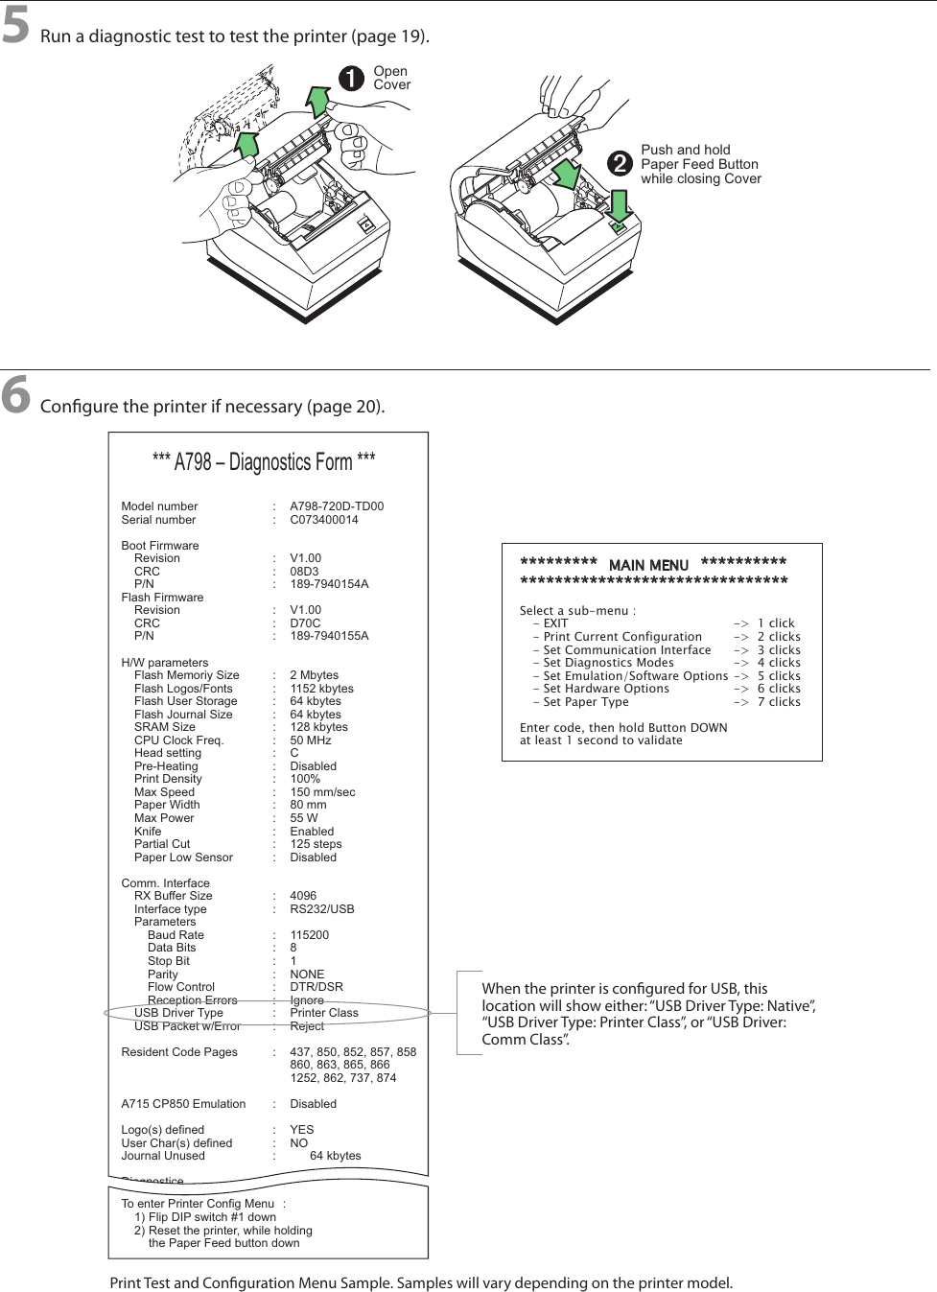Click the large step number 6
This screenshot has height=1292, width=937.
point(15,395)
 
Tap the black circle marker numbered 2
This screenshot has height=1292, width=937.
point(621,164)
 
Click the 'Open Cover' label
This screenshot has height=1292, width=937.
point(391,78)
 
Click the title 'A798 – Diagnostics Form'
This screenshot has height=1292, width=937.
point(264,462)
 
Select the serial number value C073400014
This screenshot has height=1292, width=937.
point(324,520)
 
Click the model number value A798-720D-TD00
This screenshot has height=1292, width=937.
point(337,506)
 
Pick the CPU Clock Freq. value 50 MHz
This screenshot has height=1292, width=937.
point(311,740)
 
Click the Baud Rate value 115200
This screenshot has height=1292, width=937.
point(309,935)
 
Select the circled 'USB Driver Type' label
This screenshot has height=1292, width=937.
point(178,1013)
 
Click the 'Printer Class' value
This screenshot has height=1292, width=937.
point(324,1013)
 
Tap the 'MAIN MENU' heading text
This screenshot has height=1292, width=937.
point(648,566)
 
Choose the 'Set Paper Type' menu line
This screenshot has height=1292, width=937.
point(586,702)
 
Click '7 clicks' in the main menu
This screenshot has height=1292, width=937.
point(779,702)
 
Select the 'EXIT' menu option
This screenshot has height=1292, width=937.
point(555,623)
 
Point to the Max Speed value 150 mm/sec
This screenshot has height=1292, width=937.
point(322,792)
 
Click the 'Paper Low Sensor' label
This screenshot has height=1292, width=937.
point(183,857)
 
